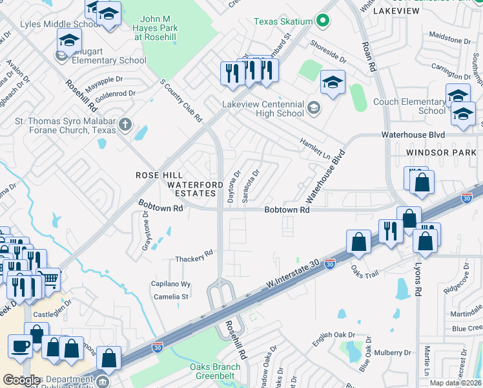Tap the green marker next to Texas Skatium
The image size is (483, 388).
(x=320, y=21)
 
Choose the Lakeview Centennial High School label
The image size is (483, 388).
(x=263, y=109)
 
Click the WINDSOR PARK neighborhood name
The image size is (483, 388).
(x=437, y=152)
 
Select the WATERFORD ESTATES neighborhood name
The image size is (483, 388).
(x=191, y=189)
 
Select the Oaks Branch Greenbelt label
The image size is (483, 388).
(x=215, y=371)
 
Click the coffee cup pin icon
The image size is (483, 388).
(x=21, y=346)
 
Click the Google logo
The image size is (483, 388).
(x=22, y=380)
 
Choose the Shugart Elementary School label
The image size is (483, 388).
(x=109, y=60)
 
